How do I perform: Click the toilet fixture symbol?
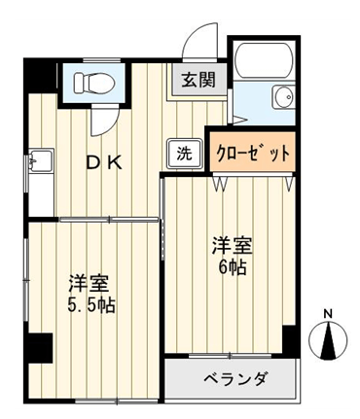pos(94,83)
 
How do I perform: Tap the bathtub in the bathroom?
pos(264,60)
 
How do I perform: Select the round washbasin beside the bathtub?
pos(283,97)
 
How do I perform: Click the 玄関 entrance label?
pos(198,80)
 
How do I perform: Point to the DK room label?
pos(104,163)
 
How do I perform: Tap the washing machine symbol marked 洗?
pos(185,154)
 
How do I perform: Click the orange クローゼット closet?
pos(252,152)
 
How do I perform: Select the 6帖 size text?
pos(232,267)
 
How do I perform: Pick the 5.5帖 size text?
pos(91,305)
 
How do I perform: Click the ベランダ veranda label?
pos(236,378)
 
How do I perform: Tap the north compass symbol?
pos(328,341)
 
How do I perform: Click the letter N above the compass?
pos(329,314)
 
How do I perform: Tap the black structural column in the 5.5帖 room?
pos(40,348)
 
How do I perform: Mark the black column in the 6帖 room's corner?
pos(290,341)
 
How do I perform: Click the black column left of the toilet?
pos(40,77)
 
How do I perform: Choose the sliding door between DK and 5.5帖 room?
pos(109,220)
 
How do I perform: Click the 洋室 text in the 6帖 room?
pos(232,245)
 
